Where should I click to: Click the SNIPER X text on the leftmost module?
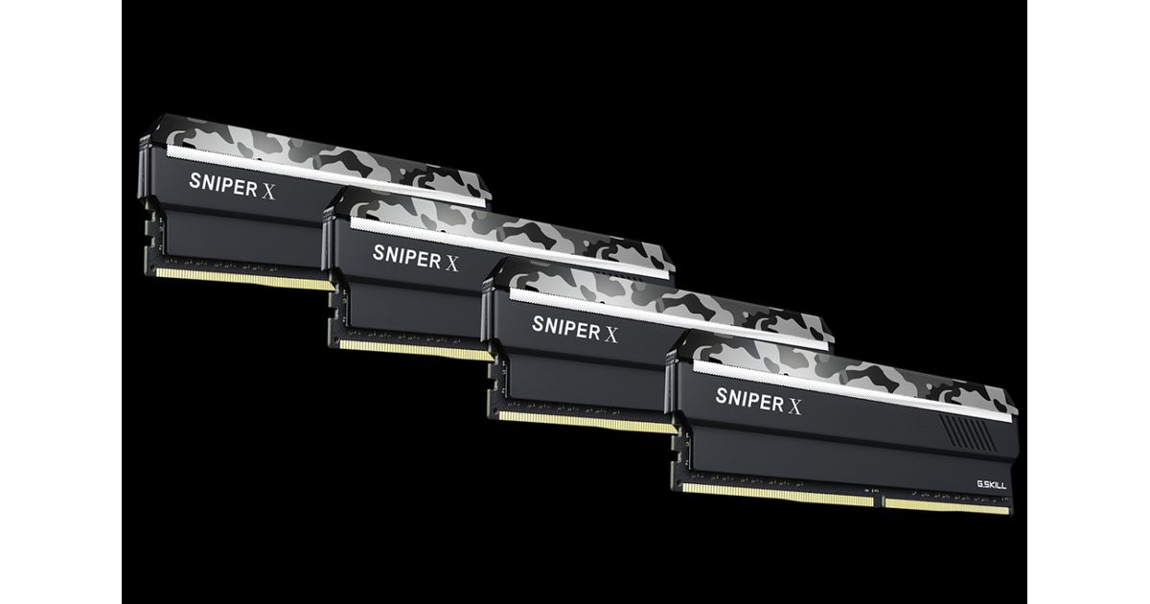[232, 185]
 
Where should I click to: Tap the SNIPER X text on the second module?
[415, 258]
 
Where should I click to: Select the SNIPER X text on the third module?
[575, 329]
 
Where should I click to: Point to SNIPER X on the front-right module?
[758, 401]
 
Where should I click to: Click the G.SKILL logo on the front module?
[991, 485]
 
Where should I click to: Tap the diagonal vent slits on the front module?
[965, 431]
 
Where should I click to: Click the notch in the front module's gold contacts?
[879, 501]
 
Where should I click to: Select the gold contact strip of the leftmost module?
[244, 279]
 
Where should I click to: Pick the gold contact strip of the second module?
[416, 350]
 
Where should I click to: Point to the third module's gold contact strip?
[587, 422]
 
